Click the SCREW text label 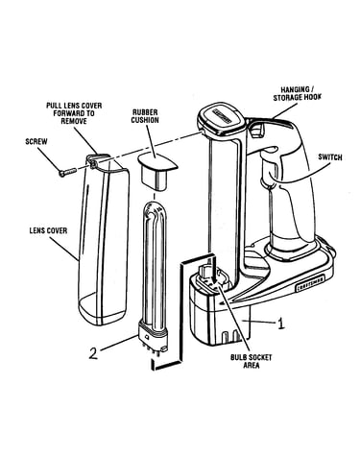36,141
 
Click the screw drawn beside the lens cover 67,172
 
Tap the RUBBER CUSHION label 145,116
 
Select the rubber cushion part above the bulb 157,171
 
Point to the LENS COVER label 48,230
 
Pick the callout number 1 280,324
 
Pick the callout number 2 93,353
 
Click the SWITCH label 330,157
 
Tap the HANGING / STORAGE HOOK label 297,93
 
